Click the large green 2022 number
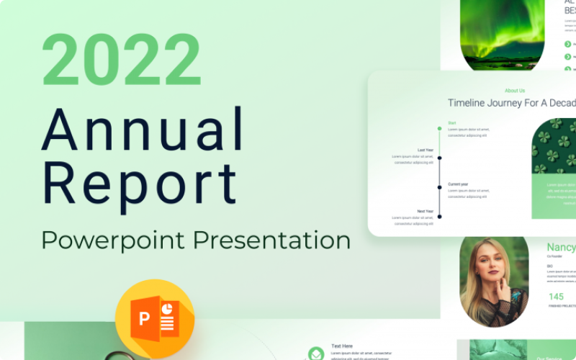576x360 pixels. [x=121, y=60]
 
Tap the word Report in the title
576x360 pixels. [x=139, y=183]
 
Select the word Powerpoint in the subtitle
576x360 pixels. [x=103, y=239]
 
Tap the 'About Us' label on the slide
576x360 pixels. [x=515, y=91]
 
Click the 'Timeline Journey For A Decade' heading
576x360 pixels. [x=512, y=104]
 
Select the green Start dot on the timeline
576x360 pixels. [x=439, y=129]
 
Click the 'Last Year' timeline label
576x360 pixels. [x=426, y=150]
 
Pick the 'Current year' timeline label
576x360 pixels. [x=459, y=184]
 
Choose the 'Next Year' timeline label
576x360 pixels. [x=426, y=211]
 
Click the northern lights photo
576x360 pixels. [x=492, y=36]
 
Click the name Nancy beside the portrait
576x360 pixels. [x=562, y=248]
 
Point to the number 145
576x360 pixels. [x=557, y=297]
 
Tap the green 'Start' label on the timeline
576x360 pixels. [x=452, y=123]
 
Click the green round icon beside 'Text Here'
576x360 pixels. [x=316, y=354]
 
